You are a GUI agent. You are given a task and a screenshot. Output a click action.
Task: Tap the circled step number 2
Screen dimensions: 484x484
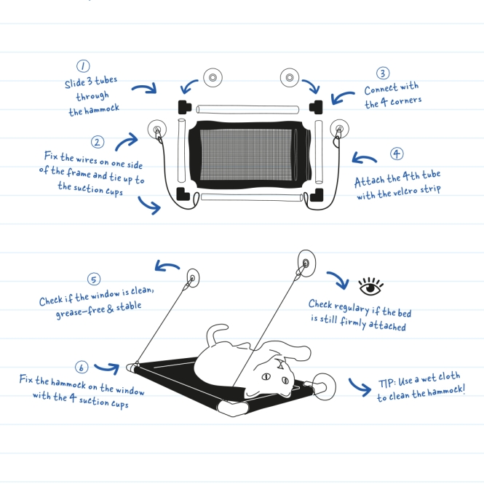coord(98,142)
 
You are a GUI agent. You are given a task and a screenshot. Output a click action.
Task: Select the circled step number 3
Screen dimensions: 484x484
coord(383,74)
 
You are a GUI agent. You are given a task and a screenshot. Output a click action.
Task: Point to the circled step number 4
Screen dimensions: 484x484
coord(397,154)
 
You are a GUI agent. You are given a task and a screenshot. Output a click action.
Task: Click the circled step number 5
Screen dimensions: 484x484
coord(94,279)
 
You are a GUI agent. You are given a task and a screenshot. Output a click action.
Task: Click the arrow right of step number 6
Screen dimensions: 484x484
coord(106,369)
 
